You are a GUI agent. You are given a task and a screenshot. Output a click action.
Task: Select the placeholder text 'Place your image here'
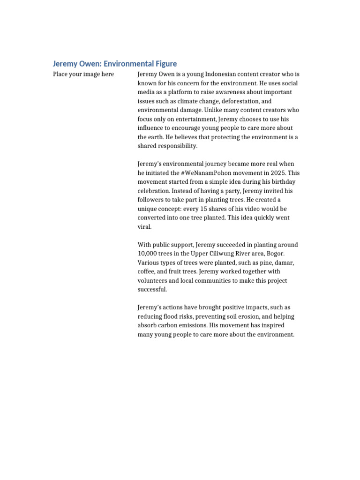pyautogui.click(x=83, y=75)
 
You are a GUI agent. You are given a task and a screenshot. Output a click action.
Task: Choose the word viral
pyautogui.click(x=145, y=226)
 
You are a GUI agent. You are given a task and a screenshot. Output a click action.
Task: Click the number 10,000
pyautogui.click(x=149, y=254)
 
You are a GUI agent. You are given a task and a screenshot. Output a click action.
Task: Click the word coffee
pyautogui.click(x=147, y=271)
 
